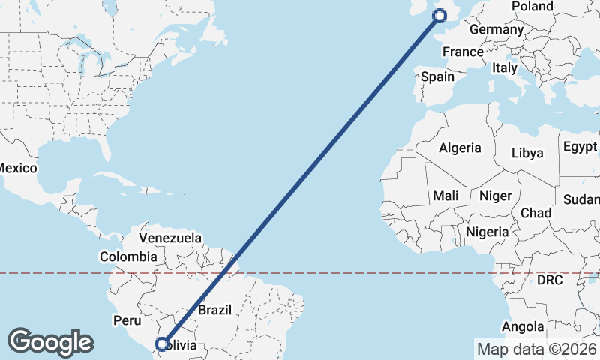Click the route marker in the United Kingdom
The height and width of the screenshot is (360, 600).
[x=439, y=15]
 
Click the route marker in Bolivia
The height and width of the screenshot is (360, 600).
[x=161, y=345]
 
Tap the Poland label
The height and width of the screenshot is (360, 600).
[x=532, y=7]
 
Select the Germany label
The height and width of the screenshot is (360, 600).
[x=496, y=30]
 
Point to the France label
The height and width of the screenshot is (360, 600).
[x=463, y=52]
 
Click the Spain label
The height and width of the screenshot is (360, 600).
[x=437, y=76]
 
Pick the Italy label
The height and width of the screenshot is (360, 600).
[x=504, y=67]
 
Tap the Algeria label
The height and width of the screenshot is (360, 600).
[x=460, y=148]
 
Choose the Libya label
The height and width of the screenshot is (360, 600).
[x=526, y=153]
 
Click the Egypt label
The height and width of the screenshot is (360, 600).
[x=580, y=145]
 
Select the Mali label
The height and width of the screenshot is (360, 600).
[x=445, y=196]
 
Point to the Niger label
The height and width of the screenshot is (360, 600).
[x=495, y=196]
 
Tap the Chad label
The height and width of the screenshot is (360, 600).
[x=536, y=213]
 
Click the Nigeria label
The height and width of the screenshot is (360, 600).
[x=487, y=232]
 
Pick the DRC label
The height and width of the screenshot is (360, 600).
[x=549, y=280]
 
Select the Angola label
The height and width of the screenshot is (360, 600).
[x=523, y=326]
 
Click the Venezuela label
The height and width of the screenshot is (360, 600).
[x=170, y=238]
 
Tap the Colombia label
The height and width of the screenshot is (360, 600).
[x=129, y=256]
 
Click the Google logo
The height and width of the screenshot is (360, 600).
[x=50, y=341]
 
